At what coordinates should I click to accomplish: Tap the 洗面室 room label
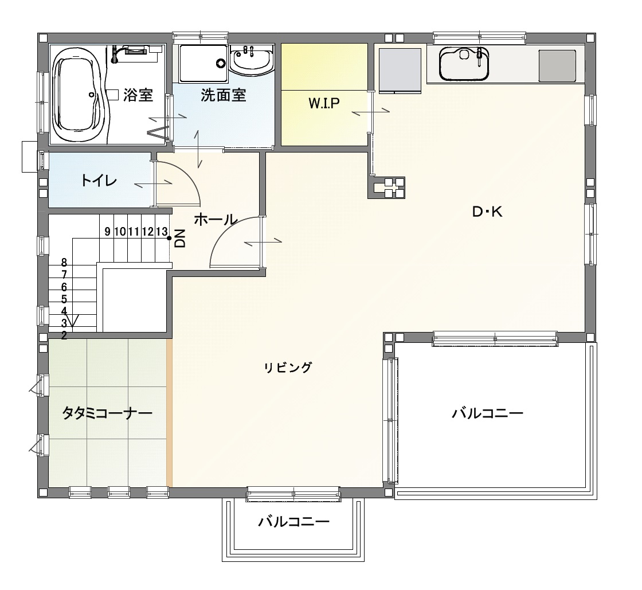[223, 95]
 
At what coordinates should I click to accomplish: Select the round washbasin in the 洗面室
[252, 60]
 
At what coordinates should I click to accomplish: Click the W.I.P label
[324, 103]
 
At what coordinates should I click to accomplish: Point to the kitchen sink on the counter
[464, 64]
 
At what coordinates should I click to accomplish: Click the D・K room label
[487, 212]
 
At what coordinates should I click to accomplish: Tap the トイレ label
[99, 181]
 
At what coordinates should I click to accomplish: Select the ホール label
[216, 220]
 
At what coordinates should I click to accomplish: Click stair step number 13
[162, 232]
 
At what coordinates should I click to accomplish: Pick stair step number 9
[107, 232]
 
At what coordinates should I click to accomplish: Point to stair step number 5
[64, 299]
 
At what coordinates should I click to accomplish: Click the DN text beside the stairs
[180, 239]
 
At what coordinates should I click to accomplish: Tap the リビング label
[288, 368]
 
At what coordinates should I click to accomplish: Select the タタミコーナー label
[107, 413]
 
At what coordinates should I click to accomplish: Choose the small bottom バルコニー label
[293, 522]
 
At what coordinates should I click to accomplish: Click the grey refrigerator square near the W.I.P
[400, 71]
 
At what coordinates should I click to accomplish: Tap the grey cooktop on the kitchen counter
[557, 66]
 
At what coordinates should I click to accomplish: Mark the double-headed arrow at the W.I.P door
[370, 112]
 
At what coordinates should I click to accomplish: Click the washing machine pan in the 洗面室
[203, 63]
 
